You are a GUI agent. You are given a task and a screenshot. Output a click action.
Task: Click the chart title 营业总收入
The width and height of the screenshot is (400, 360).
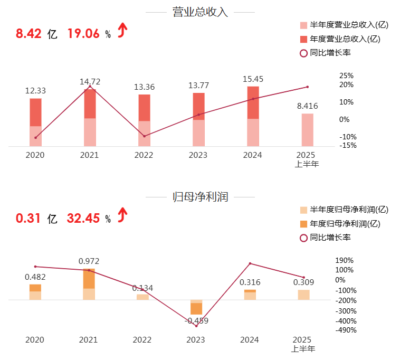200,12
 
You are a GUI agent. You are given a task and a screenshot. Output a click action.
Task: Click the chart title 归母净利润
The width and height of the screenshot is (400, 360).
200,197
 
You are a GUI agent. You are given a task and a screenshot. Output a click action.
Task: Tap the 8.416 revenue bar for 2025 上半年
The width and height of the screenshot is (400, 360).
307,129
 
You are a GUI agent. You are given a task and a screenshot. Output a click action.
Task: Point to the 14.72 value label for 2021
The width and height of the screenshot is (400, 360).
90,81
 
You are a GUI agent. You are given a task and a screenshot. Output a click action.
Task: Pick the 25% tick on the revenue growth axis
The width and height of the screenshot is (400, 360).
346,75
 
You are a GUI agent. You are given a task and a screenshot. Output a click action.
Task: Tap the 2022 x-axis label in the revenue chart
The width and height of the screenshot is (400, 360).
144,155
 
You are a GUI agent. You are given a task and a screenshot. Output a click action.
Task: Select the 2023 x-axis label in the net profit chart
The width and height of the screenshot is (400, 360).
196,340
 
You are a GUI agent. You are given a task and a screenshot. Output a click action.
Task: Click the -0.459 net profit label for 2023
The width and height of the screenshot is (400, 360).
197,320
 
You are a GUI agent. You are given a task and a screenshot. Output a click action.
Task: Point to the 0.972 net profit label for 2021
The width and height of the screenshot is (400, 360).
89,261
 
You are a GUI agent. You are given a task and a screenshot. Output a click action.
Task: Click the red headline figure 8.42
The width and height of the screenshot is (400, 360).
28,34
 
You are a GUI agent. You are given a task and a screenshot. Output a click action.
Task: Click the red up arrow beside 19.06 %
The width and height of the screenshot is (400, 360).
122,31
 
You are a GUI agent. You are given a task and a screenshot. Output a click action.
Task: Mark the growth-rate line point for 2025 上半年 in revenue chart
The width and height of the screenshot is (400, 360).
307,87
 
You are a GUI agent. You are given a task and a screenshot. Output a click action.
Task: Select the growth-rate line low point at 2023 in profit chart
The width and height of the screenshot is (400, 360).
196,326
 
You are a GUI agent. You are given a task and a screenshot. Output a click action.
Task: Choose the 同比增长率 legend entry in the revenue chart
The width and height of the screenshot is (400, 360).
330,52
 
